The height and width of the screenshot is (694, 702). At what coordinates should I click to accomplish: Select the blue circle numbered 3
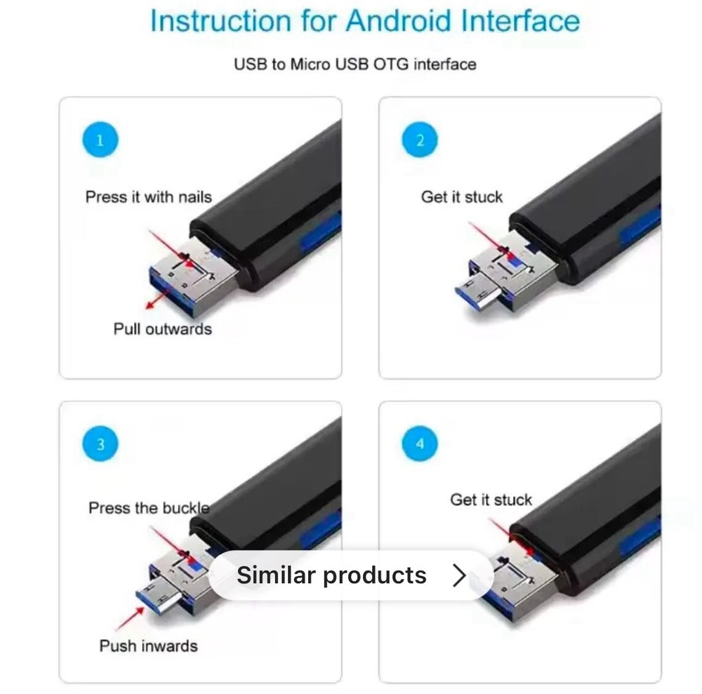[99, 444]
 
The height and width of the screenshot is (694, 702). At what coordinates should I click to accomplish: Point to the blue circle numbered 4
[420, 444]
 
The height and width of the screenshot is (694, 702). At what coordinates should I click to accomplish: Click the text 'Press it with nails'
[148, 196]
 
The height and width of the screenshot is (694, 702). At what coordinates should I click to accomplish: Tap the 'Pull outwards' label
[162, 328]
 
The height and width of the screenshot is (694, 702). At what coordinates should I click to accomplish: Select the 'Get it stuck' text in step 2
[461, 197]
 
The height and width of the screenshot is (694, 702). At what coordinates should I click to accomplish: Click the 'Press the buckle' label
[149, 507]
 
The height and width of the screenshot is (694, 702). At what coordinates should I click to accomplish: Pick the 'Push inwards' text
[148, 646]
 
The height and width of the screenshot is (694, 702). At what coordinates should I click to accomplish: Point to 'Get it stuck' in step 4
[491, 500]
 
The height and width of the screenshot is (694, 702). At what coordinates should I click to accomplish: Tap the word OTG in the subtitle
[391, 65]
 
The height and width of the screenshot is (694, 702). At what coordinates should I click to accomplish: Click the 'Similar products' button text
[331, 575]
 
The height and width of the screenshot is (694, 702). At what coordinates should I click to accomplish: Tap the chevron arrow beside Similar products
[459, 575]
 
